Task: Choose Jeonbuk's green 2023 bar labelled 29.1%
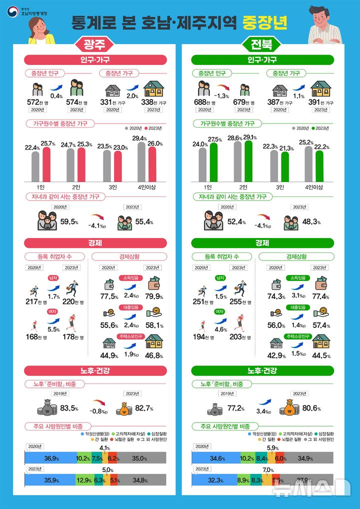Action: click(x=248, y=161)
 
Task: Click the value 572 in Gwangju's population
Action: click(x=35, y=102)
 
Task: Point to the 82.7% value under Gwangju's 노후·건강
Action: click(x=144, y=408)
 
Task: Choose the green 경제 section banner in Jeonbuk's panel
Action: click(x=262, y=243)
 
